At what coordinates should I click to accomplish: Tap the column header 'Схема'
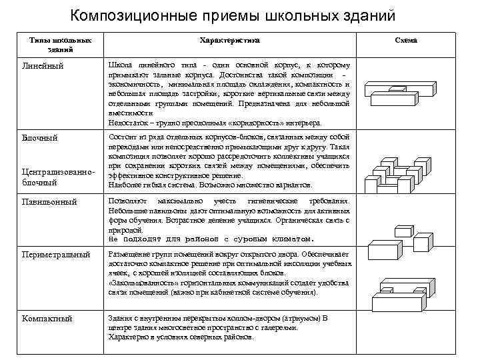(406, 41)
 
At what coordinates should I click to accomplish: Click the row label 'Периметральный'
(56, 255)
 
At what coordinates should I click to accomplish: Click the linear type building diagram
(406, 93)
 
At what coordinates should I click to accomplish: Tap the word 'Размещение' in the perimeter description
(130, 255)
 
